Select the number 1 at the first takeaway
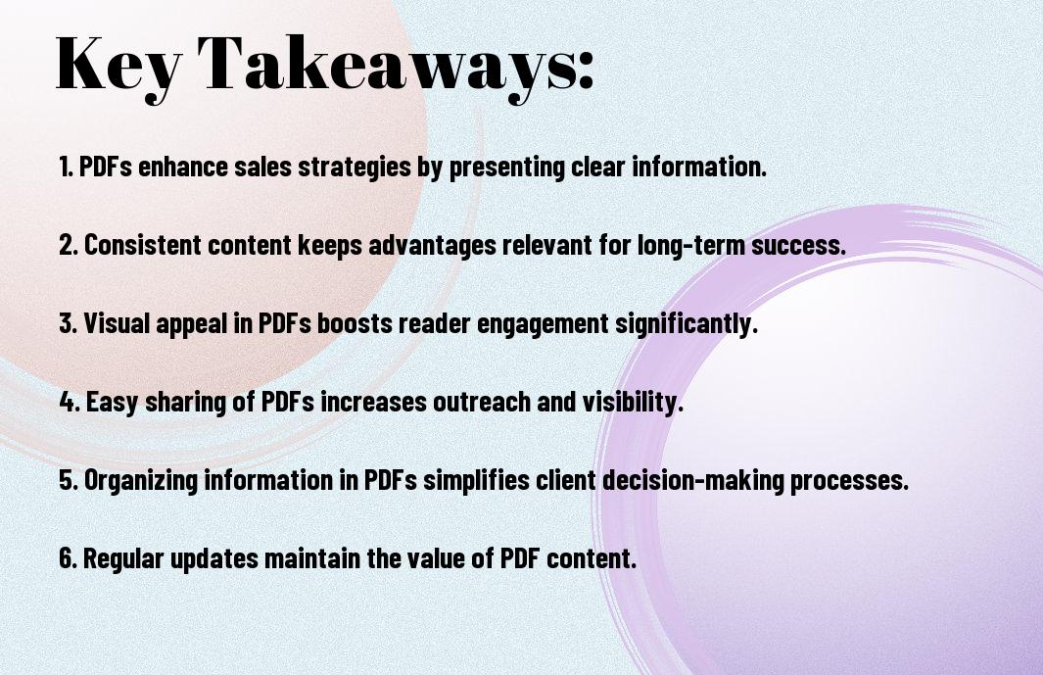click(x=65, y=167)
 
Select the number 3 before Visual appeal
click(x=66, y=323)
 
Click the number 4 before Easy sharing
click(x=67, y=402)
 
